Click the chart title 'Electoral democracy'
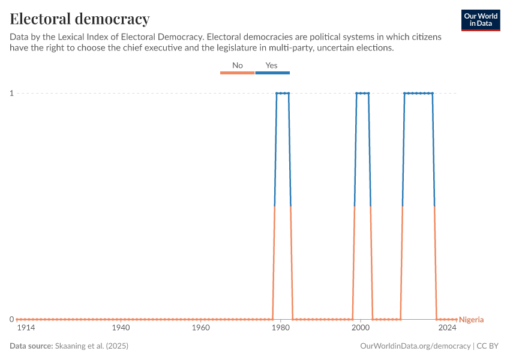tap(80, 19)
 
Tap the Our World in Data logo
tap(480, 20)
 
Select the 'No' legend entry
tap(238, 65)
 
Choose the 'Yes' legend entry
tap(272, 65)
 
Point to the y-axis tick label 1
tap(11, 93)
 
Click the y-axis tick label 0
tap(11, 319)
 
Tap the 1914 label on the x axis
tap(26, 328)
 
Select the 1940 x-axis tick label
tap(121, 328)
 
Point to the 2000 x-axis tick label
tap(361, 328)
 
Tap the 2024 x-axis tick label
tap(447, 328)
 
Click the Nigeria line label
tap(471, 320)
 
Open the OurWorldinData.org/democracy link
tap(415, 346)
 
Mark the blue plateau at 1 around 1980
tap(283, 93)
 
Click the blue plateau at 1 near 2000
tap(362, 93)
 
